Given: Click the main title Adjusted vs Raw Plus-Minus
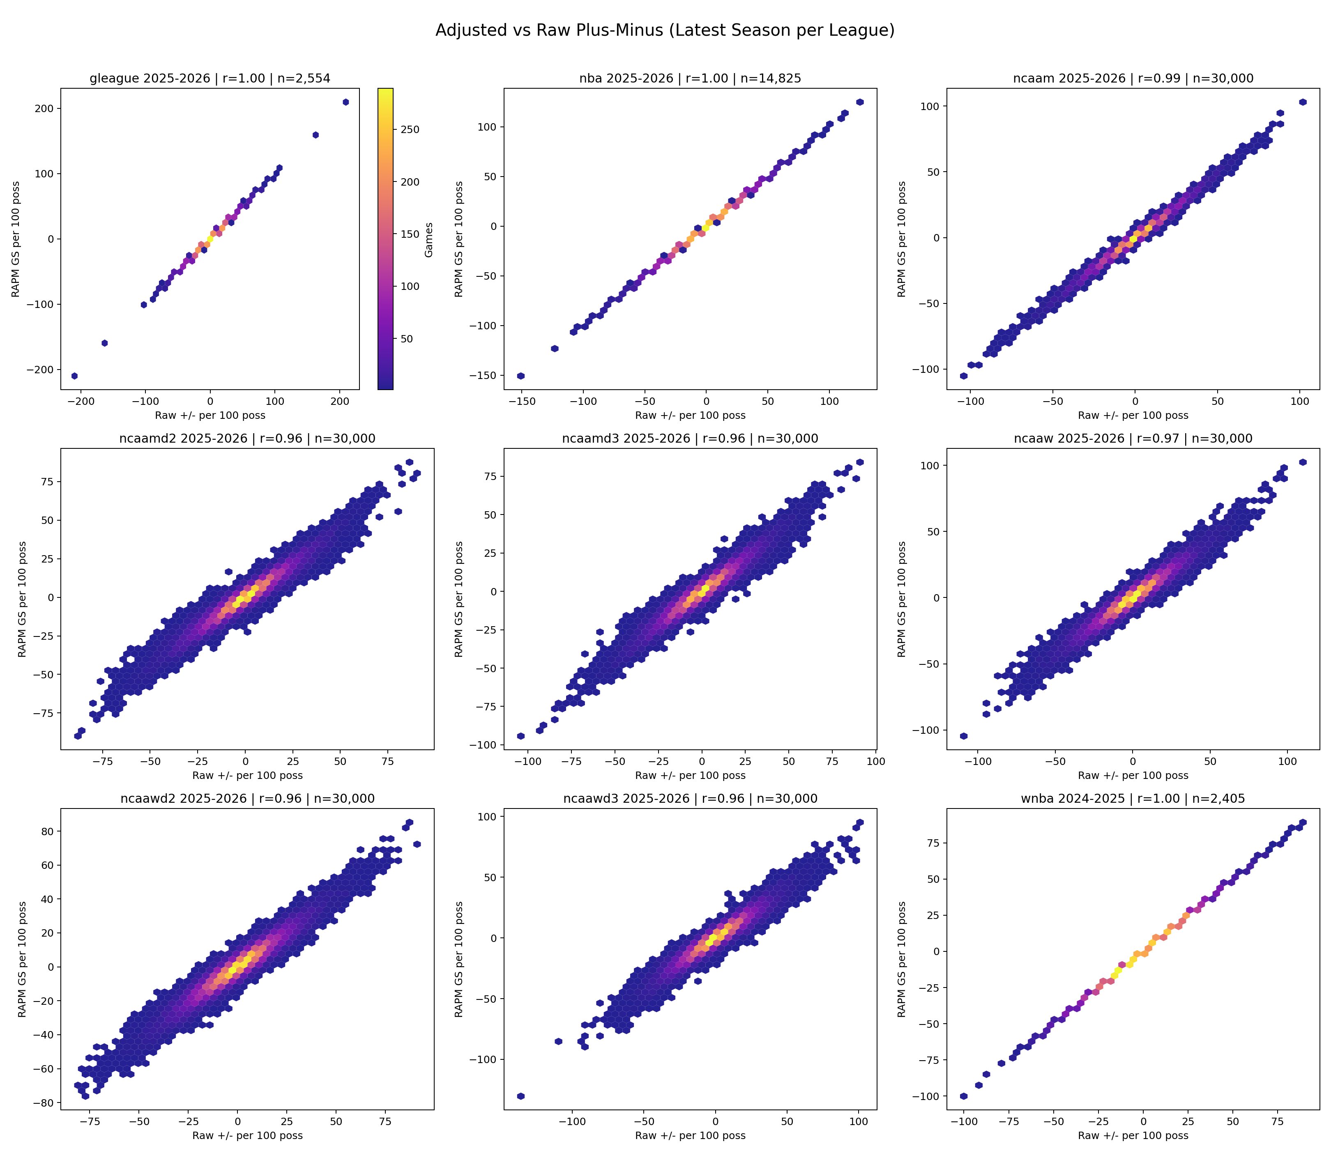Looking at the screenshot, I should (x=665, y=30).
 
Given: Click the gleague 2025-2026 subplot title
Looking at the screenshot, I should (x=210, y=78).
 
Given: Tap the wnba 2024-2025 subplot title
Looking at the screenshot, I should (x=1133, y=799).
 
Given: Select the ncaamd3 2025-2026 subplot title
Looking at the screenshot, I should (x=690, y=439).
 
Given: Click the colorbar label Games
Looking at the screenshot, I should (x=428, y=240).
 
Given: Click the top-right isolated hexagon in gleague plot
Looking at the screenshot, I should (x=345, y=102).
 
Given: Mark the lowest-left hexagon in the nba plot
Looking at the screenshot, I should (x=520, y=376).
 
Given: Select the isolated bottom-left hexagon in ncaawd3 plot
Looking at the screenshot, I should (x=520, y=1096).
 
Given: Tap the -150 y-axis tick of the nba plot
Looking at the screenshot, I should (x=488, y=376).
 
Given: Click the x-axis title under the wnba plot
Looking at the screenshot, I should (x=1133, y=1136).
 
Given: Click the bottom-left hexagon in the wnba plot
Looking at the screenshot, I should (x=963, y=1096).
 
